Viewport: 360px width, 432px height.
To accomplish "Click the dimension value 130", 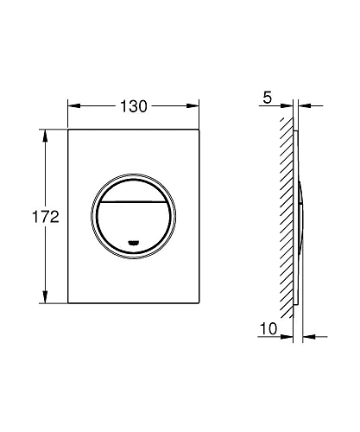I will click(x=133, y=106).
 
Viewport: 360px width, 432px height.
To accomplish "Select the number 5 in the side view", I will click(x=268, y=98).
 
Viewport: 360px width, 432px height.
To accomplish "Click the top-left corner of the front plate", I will click(x=68, y=130).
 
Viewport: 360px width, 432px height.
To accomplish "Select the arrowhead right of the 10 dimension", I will click(x=308, y=335).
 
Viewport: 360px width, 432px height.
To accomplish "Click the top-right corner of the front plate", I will click(x=199, y=130).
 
